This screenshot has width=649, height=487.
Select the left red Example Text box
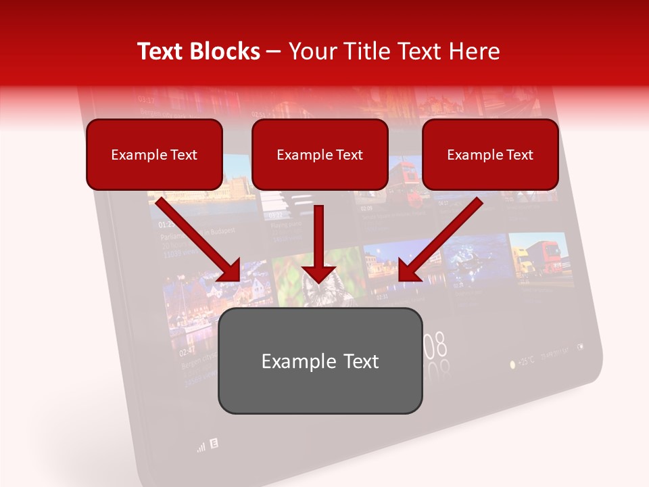(x=154, y=154)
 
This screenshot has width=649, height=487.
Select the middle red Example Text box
(x=320, y=154)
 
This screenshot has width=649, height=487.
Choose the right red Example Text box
(x=490, y=154)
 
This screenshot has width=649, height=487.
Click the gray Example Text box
(x=320, y=361)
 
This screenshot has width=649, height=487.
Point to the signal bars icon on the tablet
(x=201, y=447)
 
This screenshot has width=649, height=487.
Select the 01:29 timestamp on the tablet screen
(x=168, y=224)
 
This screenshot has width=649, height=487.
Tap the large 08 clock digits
(x=436, y=346)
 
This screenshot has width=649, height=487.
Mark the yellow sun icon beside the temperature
(x=512, y=364)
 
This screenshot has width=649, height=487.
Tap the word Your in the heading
(x=310, y=51)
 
